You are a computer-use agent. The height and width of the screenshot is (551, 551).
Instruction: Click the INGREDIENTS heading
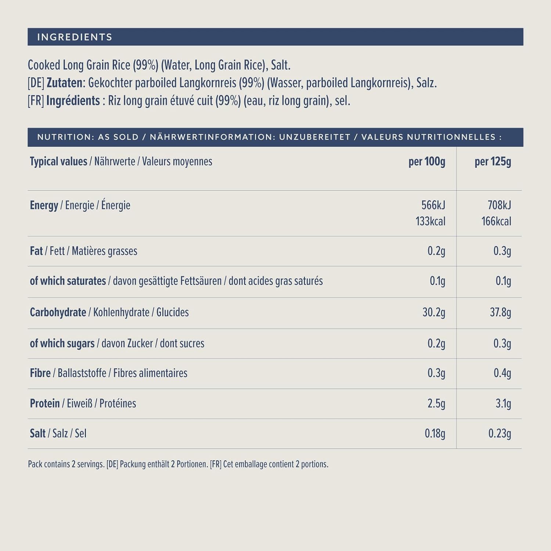coord(75,37)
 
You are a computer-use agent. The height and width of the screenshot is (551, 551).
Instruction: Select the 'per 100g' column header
coord(427,162)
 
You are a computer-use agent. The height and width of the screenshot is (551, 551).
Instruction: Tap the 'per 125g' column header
coord(493,162)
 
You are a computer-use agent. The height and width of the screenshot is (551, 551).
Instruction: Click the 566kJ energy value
coord(433,205)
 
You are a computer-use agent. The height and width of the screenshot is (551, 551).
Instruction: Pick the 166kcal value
coord(496,221)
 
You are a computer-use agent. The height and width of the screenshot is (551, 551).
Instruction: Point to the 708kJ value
coord(499,205)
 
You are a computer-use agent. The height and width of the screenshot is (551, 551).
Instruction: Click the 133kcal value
coord(431,221)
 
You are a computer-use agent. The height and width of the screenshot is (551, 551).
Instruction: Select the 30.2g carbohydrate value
coord(434,312)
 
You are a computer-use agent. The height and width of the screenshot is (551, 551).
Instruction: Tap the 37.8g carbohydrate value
coord(500,312)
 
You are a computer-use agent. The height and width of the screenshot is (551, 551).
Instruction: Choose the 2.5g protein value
coord(436,403)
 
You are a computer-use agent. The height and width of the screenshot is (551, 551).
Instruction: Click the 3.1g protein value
coord(503,403)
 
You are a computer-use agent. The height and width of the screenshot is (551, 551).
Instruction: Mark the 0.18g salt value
coord(435,433)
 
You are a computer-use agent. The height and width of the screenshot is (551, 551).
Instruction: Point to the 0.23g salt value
coord(500,433)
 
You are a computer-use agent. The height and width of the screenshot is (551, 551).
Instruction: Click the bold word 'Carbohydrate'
coord(58,312)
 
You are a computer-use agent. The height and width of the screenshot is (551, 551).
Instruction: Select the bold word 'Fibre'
coord(40,373)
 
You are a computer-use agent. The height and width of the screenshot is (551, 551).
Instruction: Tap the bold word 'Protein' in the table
coord(45,403)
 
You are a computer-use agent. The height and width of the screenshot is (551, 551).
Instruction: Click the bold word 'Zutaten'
coord(65,83)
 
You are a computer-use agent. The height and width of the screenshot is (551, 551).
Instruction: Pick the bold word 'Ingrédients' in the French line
coord(73,101)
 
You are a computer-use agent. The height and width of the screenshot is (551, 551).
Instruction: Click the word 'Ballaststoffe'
coord(82,373)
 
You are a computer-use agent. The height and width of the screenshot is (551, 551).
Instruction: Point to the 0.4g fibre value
coord(502,373)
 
